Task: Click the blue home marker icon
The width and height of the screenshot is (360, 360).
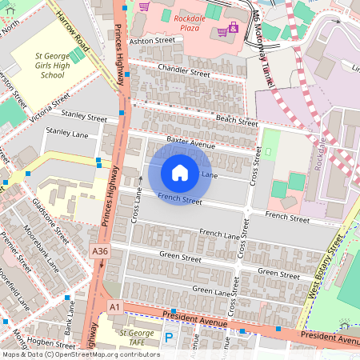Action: (180, 172)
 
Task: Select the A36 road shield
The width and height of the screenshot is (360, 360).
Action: (100, 250)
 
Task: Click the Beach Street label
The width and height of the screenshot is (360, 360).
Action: (237, 121)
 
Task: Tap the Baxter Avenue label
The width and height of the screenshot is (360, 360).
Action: (191, 144)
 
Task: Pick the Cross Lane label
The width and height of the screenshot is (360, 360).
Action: (137, 205)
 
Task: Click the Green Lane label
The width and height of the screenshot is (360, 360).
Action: (212, 290)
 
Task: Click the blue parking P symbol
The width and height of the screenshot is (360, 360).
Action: (169, 338)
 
